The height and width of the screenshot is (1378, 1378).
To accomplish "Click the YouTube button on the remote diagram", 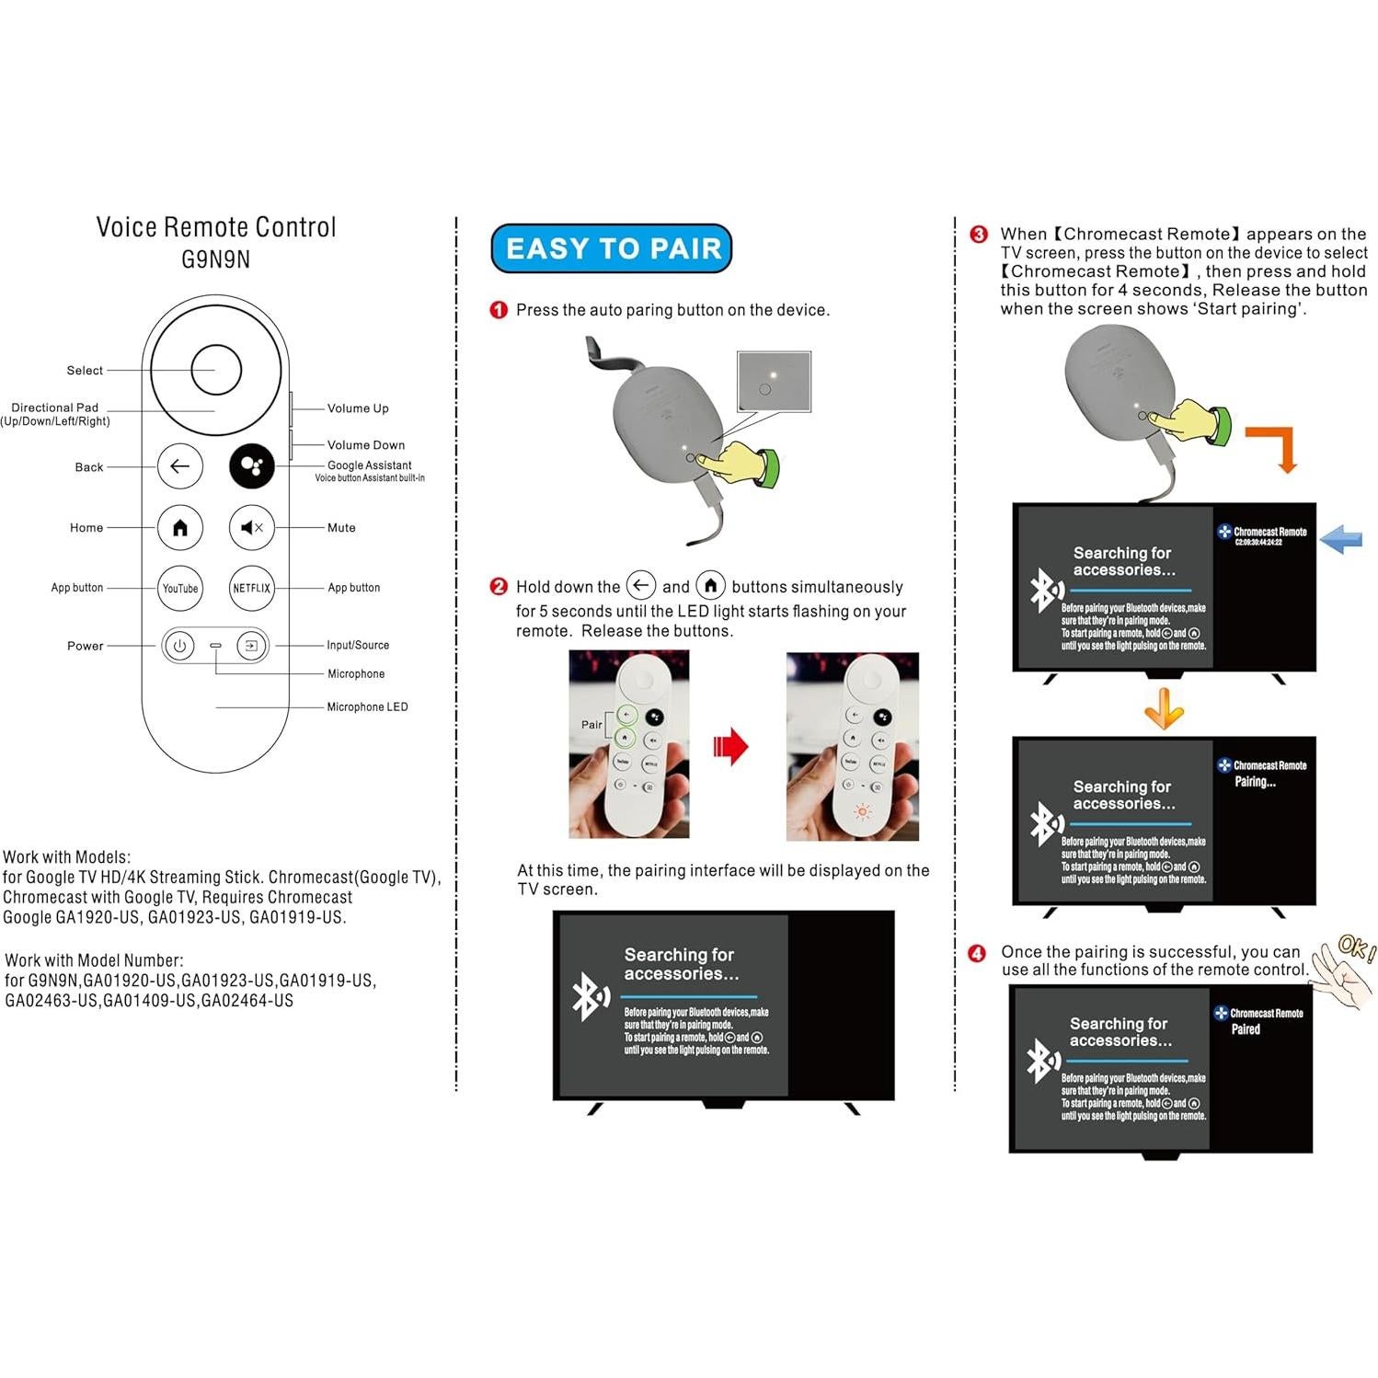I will point(180,589).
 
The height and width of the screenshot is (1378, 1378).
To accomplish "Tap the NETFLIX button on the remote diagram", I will point(251,589).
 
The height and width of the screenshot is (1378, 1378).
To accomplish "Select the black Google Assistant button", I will point(251,466).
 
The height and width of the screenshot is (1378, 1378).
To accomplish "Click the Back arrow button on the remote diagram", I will point(180,466).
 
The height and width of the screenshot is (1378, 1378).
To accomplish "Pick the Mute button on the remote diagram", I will point(251,527).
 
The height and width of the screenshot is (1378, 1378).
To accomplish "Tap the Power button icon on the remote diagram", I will point(179,646).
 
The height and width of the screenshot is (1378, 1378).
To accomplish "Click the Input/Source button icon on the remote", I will point(250,646).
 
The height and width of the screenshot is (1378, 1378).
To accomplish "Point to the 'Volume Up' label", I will point(358,408).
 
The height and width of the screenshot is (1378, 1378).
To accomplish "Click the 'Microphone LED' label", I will point(367,706).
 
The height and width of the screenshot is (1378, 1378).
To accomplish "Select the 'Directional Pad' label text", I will point(55,408).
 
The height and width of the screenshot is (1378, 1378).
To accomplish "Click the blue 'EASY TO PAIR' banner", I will point(612,248).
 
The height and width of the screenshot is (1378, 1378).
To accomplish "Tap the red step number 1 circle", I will point(499,310).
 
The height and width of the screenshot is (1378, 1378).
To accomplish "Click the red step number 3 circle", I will point(979,235).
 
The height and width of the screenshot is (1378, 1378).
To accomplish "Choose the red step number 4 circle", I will point(977,953).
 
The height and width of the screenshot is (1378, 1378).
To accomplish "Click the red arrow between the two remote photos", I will point(731,746).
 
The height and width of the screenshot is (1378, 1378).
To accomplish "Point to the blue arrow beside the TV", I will point(1341,539).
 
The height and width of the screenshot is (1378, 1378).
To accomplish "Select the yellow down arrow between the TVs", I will point(1164,708).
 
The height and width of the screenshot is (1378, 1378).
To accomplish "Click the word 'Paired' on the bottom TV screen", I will point(1246,1029).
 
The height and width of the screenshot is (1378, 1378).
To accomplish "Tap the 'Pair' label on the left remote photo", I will point(591,725).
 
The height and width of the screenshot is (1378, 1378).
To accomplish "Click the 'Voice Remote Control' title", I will point(216,227).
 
